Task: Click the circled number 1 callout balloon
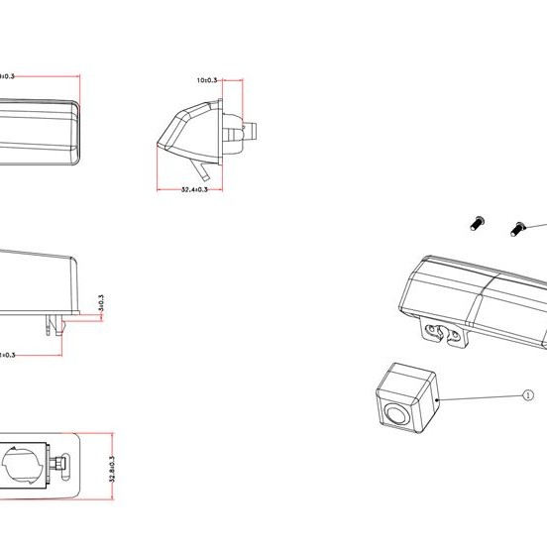(x=527, y=393)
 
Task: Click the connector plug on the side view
(x=248, y=131)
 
